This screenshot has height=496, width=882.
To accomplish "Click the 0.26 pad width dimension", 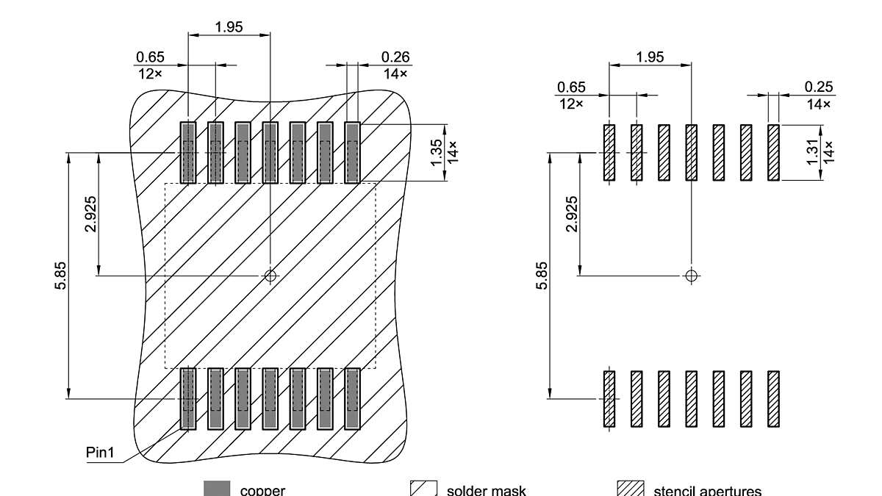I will (x=395, y=57).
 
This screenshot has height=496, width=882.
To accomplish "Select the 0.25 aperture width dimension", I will (x=819, y=87).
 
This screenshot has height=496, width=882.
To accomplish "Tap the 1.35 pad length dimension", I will (x=437, y=152).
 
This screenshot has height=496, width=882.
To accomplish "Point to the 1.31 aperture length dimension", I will (x=812, y=152).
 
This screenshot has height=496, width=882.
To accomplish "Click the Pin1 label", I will (x=101, y=453).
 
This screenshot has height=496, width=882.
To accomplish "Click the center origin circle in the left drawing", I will (x=270, y=276).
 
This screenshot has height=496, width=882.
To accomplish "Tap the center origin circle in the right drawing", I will (x=690, y=276).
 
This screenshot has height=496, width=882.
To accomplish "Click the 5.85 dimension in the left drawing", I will (x=61, y=276).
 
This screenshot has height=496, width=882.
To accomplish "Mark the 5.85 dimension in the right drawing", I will (x=542, y=276).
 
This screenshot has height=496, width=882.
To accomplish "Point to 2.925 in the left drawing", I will (x=91, y=214).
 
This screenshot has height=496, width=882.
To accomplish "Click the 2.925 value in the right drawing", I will (x=572, y=214).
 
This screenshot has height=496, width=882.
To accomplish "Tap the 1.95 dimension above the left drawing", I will (x=229, y=27).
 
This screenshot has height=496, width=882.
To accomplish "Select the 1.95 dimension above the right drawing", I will (x=650, y=57).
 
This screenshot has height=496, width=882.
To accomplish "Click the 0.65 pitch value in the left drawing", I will (x=150, y=57).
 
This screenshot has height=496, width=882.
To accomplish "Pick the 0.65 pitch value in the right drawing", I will (x=571, y=87).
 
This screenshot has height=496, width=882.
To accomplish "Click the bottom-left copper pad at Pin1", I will (x=188, y=398).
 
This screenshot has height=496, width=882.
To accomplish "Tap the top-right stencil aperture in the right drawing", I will (x=773, y=152).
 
